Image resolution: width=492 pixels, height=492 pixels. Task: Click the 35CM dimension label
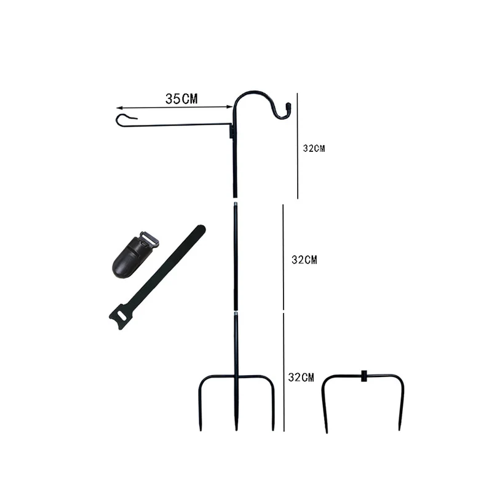[x=181, y=99]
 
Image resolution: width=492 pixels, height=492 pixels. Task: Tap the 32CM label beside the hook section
[x=314, y=148]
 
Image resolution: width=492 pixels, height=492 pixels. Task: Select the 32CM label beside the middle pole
[x=304, y=260]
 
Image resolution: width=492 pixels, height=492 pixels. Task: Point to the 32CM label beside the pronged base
[x=301, y=377]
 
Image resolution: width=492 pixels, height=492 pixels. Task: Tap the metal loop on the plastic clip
[x=149, y=239]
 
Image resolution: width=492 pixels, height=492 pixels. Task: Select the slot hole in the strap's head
[x=122, y=315]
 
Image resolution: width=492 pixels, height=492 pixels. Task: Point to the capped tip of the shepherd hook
[x=288, y=106]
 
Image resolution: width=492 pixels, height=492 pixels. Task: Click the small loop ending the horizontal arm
[x=125, y=119]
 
